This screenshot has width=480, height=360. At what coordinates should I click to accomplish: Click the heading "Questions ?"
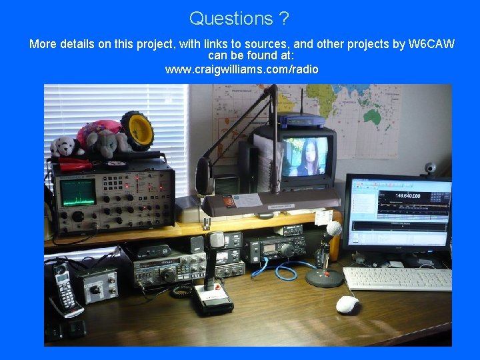click(x=239, y=18)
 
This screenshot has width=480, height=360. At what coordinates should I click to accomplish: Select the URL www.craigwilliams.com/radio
click(x=241, y=69)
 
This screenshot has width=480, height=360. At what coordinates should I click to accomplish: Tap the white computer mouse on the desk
click(x=347, y=304)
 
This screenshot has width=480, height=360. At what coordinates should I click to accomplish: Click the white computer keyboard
click(x=397, y=279)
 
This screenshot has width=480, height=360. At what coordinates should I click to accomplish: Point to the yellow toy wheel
click(x=138, y=130)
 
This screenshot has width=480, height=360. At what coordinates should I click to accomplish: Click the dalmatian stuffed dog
click(x=64, y=146)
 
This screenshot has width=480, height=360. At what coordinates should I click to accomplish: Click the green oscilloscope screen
click(x=79, y=191)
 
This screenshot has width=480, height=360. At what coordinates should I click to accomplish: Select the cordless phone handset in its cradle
click(x=66, y=289)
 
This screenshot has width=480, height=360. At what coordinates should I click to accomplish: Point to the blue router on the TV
click(x=301, y=121)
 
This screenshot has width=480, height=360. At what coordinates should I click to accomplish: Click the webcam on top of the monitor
click(x=431, y=168)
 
